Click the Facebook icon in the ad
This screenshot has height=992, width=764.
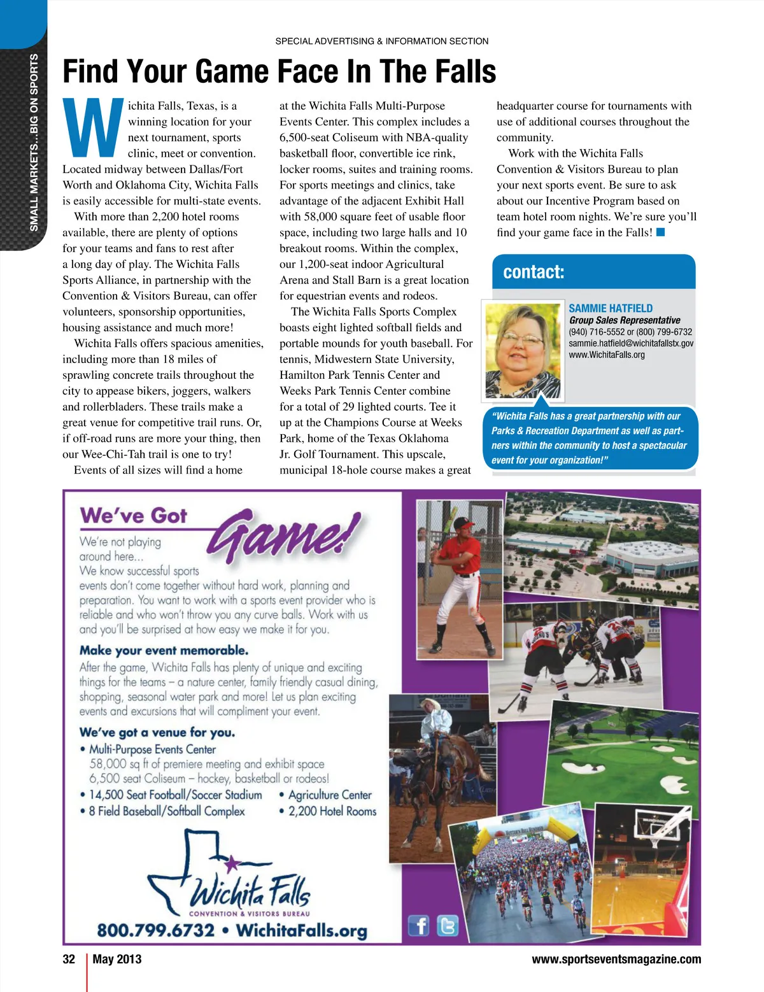point(418,925)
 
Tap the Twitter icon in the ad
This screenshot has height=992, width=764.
point(448,925)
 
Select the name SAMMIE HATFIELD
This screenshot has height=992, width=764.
point(610,308)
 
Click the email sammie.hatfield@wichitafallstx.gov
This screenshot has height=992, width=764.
point(630,343)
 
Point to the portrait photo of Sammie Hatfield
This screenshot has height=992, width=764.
point(523,350)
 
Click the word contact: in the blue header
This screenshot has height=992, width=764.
point(534,273)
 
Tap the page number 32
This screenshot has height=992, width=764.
point(69,959)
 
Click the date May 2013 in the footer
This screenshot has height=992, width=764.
point(117,959)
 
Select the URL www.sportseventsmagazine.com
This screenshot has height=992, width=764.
point(616,959)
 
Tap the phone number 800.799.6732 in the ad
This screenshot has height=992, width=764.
point(155,930)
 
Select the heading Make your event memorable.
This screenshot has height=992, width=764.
point(164,650)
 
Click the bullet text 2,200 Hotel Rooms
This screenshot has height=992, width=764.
point(332,811)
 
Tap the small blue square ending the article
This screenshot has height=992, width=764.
point(660,232)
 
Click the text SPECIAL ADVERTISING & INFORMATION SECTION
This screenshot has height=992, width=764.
point(381,41)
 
